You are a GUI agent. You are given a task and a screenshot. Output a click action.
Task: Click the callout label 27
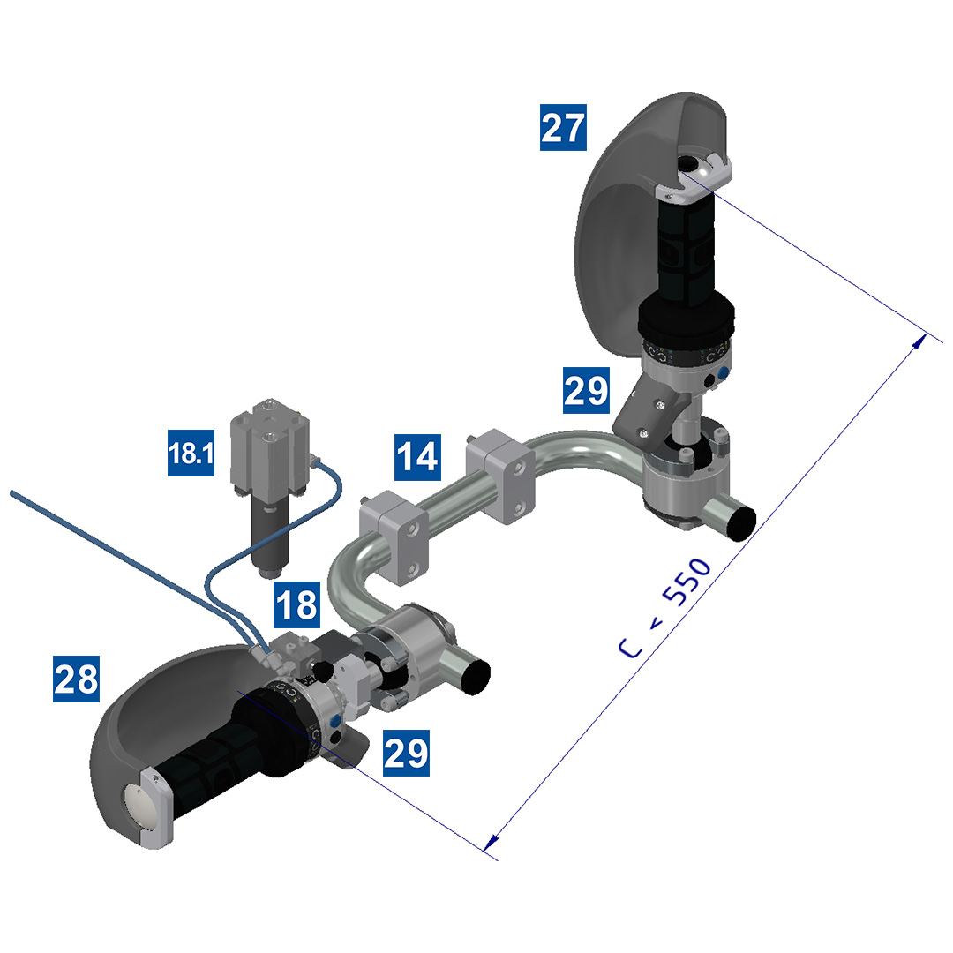(x=563, y=128)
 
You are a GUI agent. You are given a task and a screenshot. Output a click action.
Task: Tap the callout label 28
(x=76, y=679)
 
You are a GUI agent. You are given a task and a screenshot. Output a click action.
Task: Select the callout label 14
(x=417, y=456)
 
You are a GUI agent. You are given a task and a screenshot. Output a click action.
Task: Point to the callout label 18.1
(x=191, y=453)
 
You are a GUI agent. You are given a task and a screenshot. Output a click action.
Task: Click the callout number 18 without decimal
(x=296, y=604)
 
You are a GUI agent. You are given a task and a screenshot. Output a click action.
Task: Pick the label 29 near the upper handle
(x=586, y=390)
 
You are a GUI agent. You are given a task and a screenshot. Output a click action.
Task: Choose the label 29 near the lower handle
(x=406, y=753)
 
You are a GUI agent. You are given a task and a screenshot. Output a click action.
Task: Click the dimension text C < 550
(x=664, y=608)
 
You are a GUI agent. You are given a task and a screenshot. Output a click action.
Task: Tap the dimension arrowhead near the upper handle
(x=919, y=341)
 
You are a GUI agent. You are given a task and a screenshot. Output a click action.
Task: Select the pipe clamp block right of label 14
(x=500, y=476)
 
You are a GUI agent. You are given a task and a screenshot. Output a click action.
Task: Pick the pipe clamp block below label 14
(x=394, y=537)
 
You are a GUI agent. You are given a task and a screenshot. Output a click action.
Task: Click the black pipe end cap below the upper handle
(x=741, y=522)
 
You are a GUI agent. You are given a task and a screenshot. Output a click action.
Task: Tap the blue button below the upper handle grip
(x=724, y=372)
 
